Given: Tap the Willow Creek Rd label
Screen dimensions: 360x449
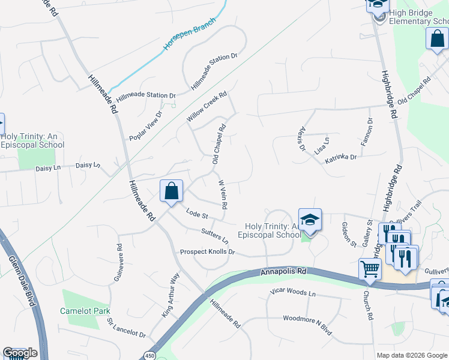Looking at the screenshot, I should tap(206, 107).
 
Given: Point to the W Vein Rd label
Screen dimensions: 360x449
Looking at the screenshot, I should tap(222, 194).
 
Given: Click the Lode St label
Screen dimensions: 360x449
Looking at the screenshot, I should tap(196, 213).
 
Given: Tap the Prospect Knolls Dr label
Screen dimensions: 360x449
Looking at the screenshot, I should tap(207, 252).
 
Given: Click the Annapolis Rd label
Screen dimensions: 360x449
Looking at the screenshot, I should tap(284, 272).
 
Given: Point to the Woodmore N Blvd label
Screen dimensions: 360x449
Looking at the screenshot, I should tap(307, 316).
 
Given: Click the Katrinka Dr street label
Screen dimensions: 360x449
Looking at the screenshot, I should tap(341, 158).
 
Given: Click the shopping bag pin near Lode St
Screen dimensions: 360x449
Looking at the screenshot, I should tap(172, 191).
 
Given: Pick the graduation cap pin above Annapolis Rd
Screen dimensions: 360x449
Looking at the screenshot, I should tap(310, 220).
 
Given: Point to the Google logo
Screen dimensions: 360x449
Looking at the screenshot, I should tap(20, 353).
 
